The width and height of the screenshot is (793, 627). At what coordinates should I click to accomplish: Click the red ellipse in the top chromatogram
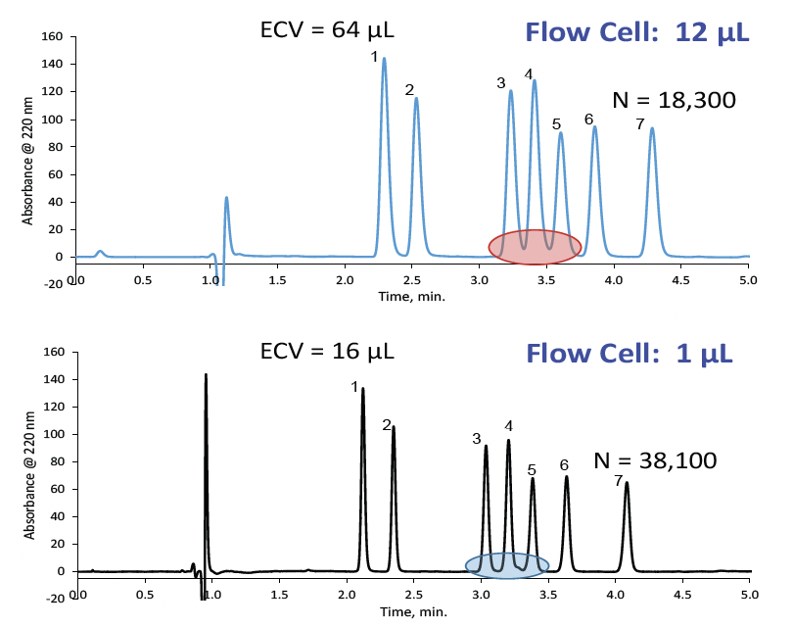coord(535,247)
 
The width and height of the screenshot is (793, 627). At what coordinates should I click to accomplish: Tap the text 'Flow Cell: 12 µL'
coord(637,31)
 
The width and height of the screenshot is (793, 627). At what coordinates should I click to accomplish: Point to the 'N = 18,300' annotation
coord(674,100)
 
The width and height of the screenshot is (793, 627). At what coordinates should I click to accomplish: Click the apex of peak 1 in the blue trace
coord(384,59)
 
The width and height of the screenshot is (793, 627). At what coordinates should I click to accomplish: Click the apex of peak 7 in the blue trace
coord(652,128)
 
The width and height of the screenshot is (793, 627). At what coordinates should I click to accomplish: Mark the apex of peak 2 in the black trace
coord(394,427)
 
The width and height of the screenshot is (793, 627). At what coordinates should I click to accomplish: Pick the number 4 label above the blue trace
coord(529,74)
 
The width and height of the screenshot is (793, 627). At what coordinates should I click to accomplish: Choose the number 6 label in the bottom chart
coord(564,464)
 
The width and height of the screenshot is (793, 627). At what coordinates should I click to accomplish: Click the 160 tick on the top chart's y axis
coord(54,37)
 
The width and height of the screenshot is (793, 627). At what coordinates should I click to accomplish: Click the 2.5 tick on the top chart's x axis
coord(413,279)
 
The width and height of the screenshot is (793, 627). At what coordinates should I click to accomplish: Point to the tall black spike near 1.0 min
coord(206,376)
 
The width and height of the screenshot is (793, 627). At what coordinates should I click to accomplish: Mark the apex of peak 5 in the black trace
coord(533,479)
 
